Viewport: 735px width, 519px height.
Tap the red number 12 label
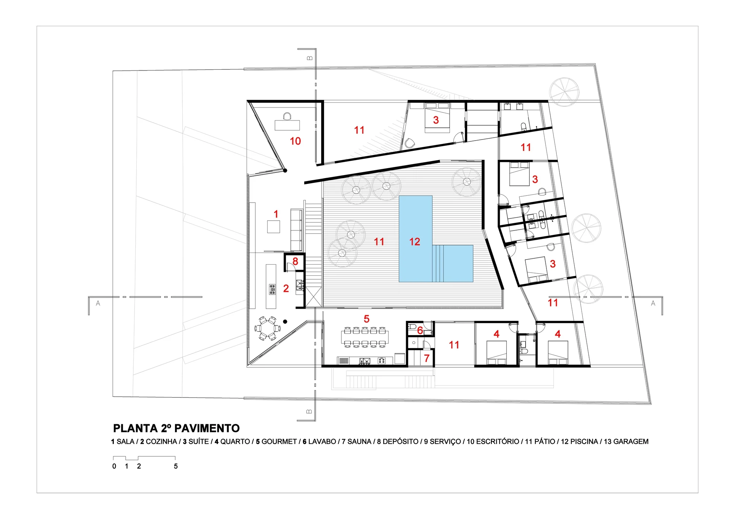pyautogui.click(x=415, y=242)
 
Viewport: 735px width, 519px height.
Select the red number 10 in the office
pyautogui.click(x=295, y=141)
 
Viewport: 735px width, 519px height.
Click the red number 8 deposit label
pyautogui.click(x=295, y=261)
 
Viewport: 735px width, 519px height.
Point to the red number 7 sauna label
pyautogui.click(x=427, y=358)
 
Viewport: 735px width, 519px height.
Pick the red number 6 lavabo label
pyautogui.click(x=420, y=330)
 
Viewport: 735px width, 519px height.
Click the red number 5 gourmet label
pyautogui.click(x=366, y=319)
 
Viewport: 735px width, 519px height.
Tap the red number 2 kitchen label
pyautogui.click(x=286, y=288)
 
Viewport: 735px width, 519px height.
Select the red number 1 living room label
pyautogui.click(x=276, y=214)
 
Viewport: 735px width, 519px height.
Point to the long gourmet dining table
pyautogui.click(x=365, y=337)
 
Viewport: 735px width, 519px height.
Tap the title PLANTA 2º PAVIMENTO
pyautogui.click(x=176, y=428)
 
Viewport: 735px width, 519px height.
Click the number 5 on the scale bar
pyautogui.click(x=176, y=466)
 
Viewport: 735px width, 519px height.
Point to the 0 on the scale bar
pyautogui.click(x=114, y=466)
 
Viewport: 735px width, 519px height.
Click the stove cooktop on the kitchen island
pyautogui.click(x=272, y=289)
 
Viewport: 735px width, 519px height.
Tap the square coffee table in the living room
pyautogui.click(x=273, y=226)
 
